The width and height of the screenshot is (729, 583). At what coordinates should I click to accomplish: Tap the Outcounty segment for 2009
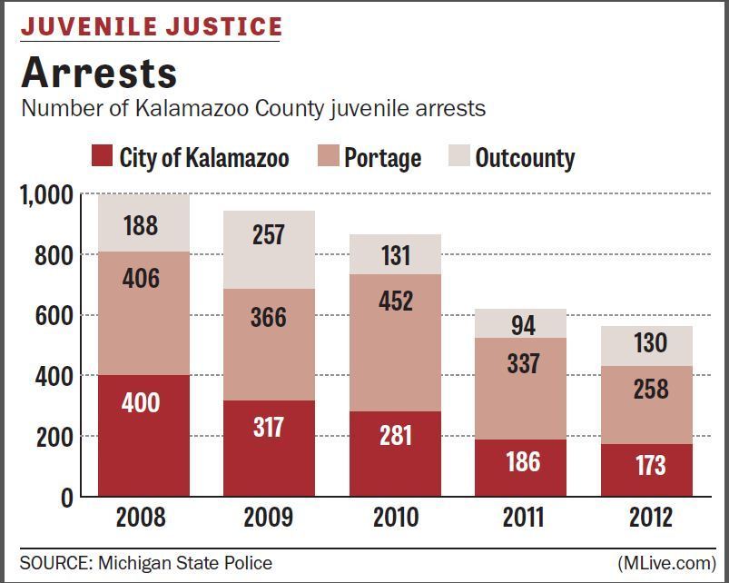click(x=269, y=250)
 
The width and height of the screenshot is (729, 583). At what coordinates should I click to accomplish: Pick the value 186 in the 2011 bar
click(x=523, y=462)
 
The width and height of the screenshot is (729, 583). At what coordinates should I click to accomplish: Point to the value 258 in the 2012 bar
click(x=650, y=389)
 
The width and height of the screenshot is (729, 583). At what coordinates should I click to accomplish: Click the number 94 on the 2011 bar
click(x=523, y=324)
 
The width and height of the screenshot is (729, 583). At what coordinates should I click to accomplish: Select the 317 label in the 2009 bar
click(x=269, y=426)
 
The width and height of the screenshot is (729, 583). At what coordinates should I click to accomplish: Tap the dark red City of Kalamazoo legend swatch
click(x=102, y=157)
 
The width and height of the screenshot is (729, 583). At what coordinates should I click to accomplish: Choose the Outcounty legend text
click(x=525, y=158)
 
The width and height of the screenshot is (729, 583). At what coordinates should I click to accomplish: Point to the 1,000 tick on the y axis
click(x=45, y=194)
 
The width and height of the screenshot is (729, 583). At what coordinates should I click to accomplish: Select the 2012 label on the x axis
click(x=650, y=518)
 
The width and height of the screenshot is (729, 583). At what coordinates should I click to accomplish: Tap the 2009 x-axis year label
click(x=269, y=518)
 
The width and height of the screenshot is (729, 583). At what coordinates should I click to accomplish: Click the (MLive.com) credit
click(x=666, y=563)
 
